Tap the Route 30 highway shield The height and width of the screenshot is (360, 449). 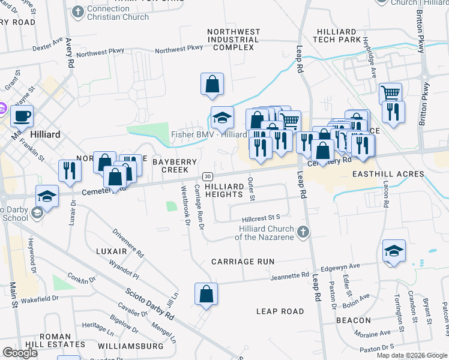coord(207,176)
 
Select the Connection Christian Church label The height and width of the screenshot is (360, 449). coord(117,13)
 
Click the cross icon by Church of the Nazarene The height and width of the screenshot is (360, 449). coord(304,232)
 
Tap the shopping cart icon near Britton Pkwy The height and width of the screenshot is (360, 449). coord(391,93)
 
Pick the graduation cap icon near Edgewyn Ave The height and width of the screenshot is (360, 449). coord(393,250)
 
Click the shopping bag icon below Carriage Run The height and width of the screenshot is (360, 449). coord(206,294)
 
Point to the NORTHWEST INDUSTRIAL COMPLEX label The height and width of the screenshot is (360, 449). coord(234,39)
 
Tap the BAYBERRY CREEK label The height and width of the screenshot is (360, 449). coord(174,166)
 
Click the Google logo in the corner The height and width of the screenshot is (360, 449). coord(20,353)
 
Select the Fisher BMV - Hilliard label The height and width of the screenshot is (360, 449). coord(208,134)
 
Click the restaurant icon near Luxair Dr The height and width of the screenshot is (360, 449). coord(69,171)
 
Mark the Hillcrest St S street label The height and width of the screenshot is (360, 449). coord(262,219)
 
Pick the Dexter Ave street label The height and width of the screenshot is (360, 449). coord(48,46)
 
